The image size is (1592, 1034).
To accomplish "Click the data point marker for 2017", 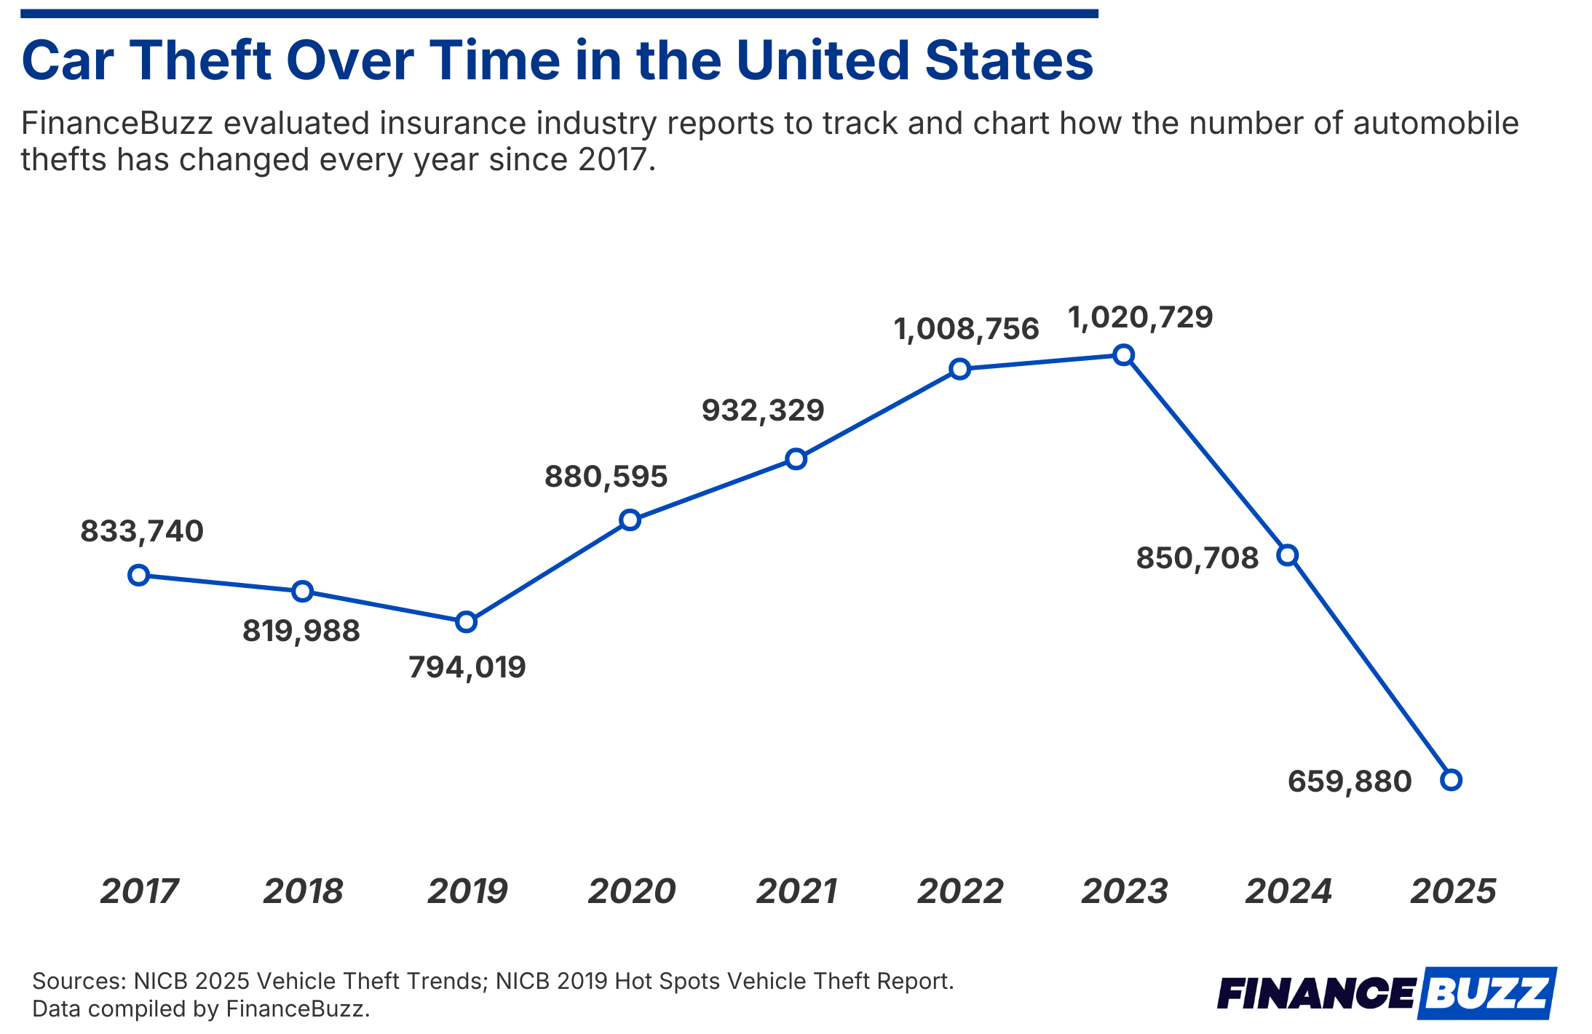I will [x=138, y=576].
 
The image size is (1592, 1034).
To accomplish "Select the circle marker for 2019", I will [x=466, y=622].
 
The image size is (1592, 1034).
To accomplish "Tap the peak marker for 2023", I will [x=1124, y=355].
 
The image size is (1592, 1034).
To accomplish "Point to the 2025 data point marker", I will [x=1451, y=780].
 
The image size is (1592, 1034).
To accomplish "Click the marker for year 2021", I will [x=796, y=459].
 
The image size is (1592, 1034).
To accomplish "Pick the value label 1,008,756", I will [x=966, y=330].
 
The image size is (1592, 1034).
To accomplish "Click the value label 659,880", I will [x=1349, y=782].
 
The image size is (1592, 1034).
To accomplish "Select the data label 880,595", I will [x=606, y=477].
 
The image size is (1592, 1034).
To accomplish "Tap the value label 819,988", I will [x=301, y=632].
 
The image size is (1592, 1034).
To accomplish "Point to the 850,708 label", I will [x=1197, y=559].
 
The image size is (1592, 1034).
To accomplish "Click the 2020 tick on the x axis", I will [x=631, y=891].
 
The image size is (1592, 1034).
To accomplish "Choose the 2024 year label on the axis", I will [x=1288, y=891].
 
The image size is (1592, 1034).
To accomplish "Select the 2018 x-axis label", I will [x=303, y=891].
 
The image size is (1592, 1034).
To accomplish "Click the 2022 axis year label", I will [x=960, y=891].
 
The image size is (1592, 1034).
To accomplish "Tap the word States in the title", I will [x=1008, y=61].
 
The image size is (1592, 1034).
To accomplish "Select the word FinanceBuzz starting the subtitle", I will [x=116, y=124].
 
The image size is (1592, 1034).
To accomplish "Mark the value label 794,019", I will [x=467, y=668].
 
